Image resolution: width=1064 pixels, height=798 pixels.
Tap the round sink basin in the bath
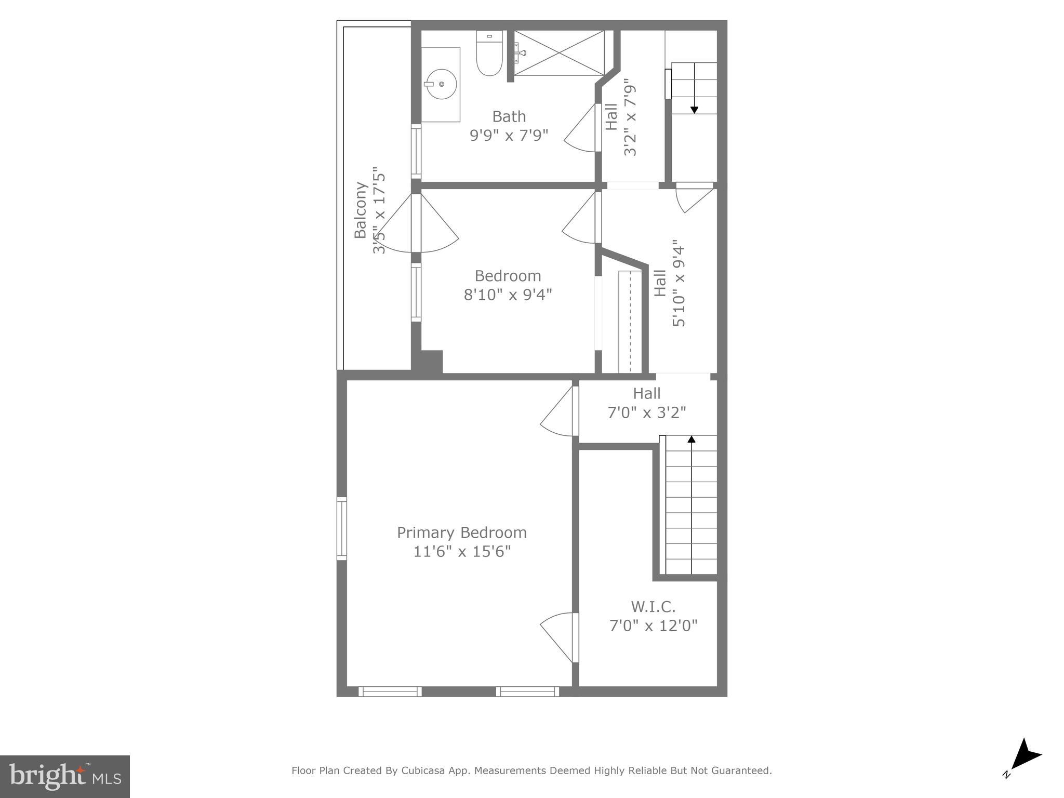(441, 84)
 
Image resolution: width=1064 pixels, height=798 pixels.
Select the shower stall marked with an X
(559, 53)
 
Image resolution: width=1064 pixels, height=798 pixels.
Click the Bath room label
(509, 116)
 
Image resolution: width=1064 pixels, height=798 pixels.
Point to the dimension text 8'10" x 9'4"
(508, 295)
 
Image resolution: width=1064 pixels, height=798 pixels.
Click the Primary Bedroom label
(461, 533)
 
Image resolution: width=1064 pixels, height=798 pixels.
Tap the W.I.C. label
(653, 606)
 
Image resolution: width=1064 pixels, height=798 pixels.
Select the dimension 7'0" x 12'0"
(653, 626)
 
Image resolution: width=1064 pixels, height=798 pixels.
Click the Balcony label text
(361, 210)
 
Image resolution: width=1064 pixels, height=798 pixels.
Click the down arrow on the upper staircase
(694, 109)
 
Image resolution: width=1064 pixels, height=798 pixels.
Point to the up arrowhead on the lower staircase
(691, 440)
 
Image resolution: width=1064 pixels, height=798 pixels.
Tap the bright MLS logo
(65, 776)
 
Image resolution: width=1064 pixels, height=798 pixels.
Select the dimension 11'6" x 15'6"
(461, 552)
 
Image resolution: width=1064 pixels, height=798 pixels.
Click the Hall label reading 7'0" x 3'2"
(646, 403)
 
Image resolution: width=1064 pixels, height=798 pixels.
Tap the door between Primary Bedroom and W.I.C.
(561, 638)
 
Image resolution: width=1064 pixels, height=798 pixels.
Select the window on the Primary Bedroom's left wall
(341, 528)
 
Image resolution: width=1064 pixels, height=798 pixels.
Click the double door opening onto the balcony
(416, 223)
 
